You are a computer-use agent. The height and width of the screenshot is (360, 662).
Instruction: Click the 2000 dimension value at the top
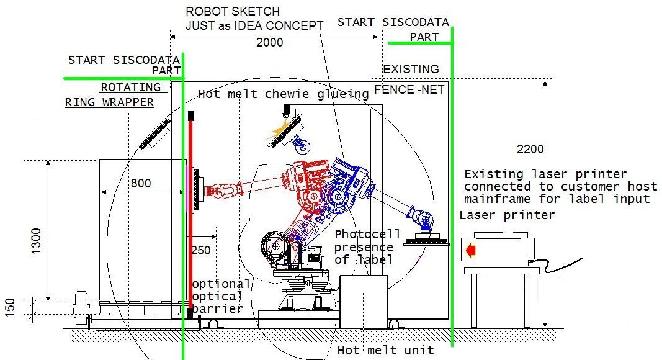click(269, 43)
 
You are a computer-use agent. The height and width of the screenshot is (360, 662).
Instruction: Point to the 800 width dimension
click(140, 184)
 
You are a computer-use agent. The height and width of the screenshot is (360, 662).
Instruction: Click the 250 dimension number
click(201, 251)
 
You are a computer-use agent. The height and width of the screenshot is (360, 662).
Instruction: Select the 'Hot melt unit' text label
click(385, 351)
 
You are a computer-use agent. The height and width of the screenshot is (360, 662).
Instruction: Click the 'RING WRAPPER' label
click(110, 102)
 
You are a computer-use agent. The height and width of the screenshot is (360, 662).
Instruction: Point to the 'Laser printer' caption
click(507, 215)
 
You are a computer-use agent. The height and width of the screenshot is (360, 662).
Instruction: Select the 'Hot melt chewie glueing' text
click(283, 94)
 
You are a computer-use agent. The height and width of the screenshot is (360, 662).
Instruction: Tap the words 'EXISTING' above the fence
click(411, 69)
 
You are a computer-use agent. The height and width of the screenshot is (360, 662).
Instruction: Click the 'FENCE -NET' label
click(409, 90)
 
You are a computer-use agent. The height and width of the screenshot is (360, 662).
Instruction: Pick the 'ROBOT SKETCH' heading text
click(233, 11)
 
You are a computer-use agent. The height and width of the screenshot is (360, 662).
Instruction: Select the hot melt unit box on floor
click(364, 302)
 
